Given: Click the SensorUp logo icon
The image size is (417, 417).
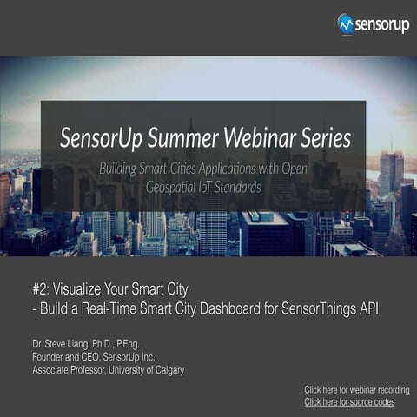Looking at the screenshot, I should pyautogui.click(x=345, y=23).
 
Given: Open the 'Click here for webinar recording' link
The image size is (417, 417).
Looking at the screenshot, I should pyautogui.click(x=356, y=389).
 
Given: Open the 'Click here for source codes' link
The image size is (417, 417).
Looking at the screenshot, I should pyautogui.click(x=349, y=402).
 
